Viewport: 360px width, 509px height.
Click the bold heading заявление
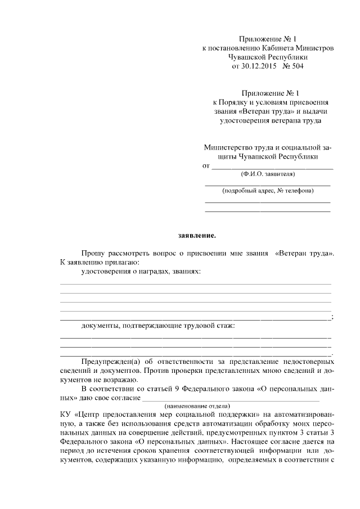[193, 236]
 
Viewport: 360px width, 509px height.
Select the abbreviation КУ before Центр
[65, 415]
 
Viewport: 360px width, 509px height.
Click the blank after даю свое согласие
[231, 398]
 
